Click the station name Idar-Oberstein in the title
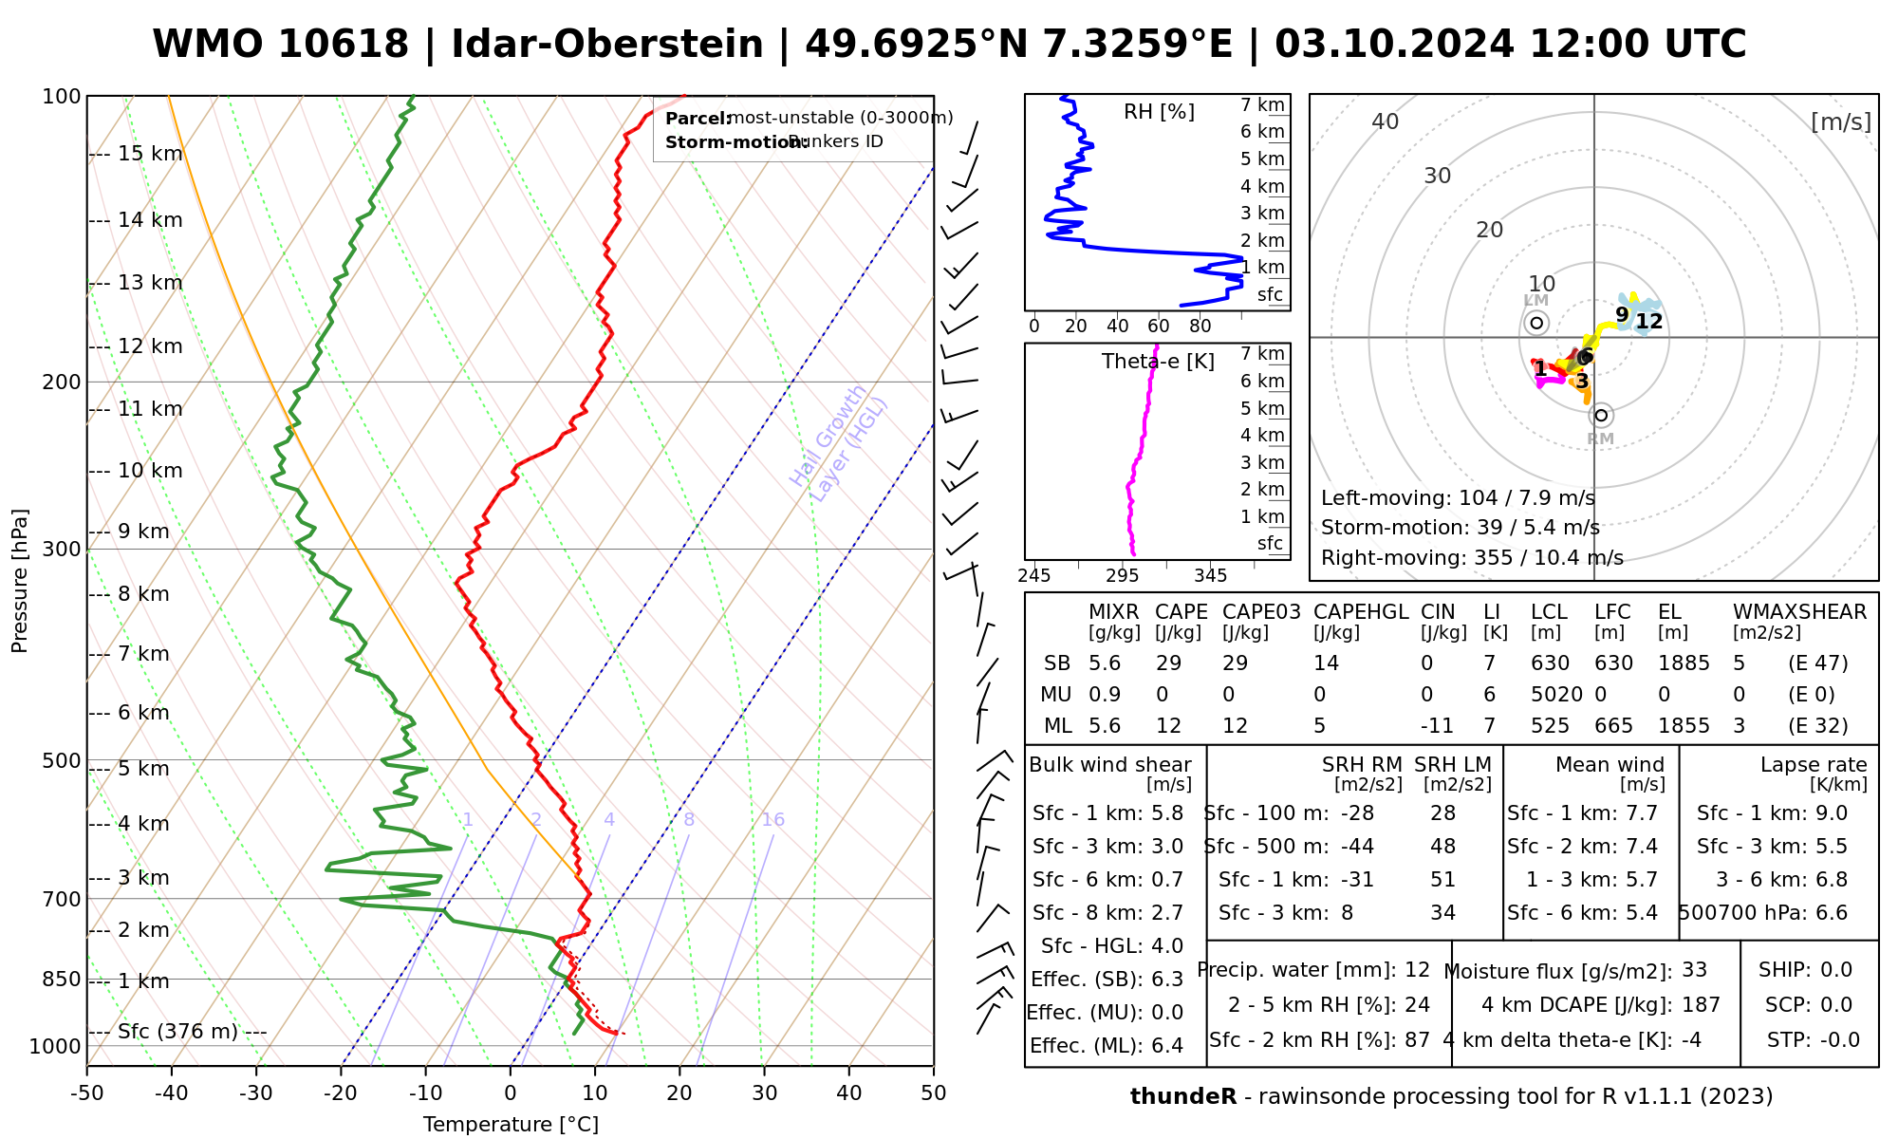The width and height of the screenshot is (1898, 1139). pyautogui.click(x=607, y=45)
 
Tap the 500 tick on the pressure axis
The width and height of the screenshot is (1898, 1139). pyautogui.click(x=63, y=760)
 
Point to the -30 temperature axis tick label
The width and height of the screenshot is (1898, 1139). pyautogui.click(x=255, y=1093)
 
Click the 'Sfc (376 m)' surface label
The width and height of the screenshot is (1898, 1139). pyautogui.click(x=177, y=1032)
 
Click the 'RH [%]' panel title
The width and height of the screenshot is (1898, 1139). pyautogui.click(x=1159, y=112)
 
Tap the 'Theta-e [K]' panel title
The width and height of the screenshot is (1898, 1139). pyautogui.click(x=1158, y=362)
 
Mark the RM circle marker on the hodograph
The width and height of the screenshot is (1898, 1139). pyautogui.click(x=1602, y=416)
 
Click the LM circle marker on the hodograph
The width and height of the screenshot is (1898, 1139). pyautogui.click(x=1536, y=324)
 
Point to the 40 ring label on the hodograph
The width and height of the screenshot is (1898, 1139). pyautogui.click(x=1386, y=121)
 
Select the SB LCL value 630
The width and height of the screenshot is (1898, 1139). pyautogui.click(x=1550, y=663)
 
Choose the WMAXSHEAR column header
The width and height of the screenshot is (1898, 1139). pyautogui.click(x=1799, y=612)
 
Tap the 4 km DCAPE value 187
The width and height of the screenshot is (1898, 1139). pyautogui.click(x=1701, y=1005)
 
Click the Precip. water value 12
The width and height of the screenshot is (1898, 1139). pyautogui.click(x=1417, y=970)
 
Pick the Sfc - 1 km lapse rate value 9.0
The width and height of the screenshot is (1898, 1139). pyautogui.click(x=1831, y=813)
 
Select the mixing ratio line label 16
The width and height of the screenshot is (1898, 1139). pyautogui.click(x=772, y=820)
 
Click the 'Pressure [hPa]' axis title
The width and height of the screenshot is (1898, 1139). pyautogui.click(x=19, y=581)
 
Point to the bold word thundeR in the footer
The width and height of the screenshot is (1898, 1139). pyautogui.click(x=1182, y=1097)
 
